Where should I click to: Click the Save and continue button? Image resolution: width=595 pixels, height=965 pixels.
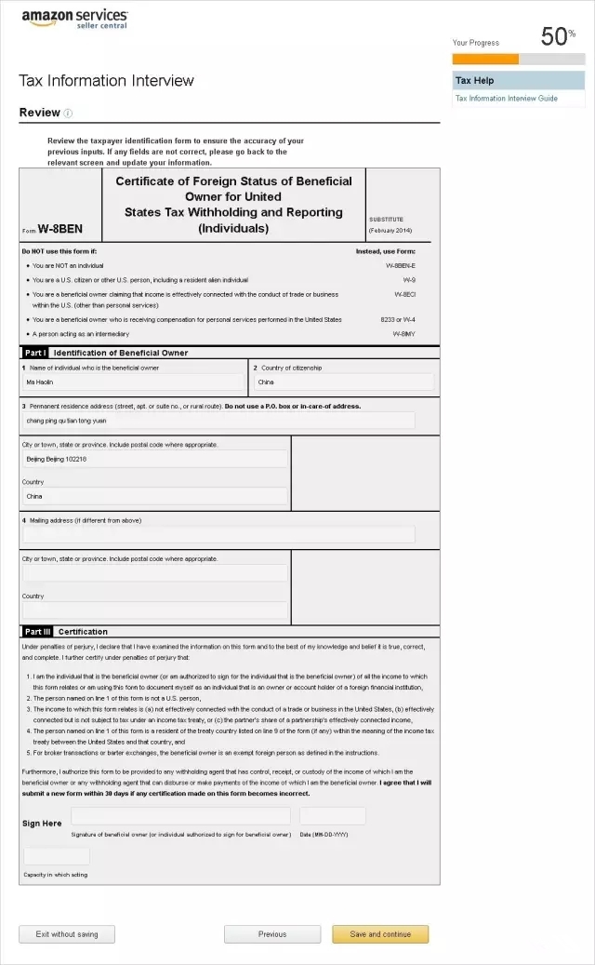click(380, 934)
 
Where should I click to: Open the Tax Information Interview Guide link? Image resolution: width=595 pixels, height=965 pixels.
click(507, 98)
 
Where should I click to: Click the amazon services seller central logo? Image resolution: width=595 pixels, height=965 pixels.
click(74, 19)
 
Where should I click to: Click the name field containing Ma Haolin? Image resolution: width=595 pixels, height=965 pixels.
click(133, 382)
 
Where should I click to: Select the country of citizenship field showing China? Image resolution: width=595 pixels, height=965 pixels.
click(343, 382)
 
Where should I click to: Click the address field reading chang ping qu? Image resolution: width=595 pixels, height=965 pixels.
click(218, 421)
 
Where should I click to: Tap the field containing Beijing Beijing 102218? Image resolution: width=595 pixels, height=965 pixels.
click(154, 459)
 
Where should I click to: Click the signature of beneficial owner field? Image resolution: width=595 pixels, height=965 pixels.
click(180, 816)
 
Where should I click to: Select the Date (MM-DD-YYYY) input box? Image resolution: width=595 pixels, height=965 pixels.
click(332, 816)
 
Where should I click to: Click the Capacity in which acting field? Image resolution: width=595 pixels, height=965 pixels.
click(57, 856)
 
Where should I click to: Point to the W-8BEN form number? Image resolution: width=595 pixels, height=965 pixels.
click(59, 229)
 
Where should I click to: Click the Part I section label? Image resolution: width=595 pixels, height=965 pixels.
click(35, 353)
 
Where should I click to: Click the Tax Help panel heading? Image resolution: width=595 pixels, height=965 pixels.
click(475, 80)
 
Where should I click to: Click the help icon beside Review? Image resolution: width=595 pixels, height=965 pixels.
click(69, 114)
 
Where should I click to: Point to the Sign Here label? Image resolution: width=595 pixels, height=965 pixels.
click(42, 824)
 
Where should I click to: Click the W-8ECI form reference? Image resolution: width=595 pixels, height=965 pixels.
click(403, 294)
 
